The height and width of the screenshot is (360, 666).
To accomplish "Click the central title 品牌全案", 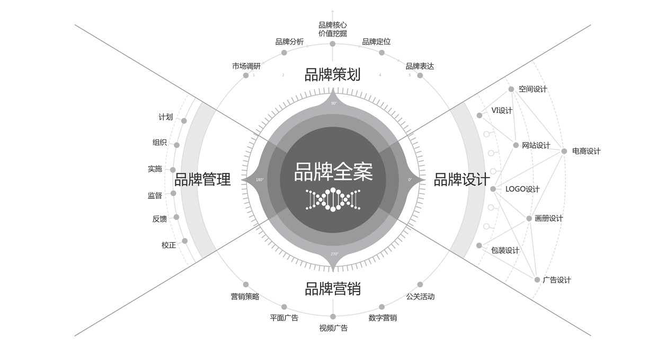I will pos(333,172).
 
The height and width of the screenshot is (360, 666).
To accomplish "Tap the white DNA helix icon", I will pos(333,199).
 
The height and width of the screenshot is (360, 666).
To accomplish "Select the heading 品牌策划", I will pos(332,74).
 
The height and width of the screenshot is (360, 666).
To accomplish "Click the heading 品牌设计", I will pos(461,180).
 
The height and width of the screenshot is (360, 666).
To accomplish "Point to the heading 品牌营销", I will pos(332,289).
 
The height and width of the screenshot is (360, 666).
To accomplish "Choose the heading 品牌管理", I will pos(202,180).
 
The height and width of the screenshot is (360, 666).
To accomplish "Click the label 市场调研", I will pos(246,66).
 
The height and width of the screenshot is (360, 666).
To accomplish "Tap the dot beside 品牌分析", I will pos(284,52).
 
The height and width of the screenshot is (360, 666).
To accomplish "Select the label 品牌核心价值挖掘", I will pos(333,29).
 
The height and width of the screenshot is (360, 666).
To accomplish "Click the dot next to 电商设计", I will pos(564,151).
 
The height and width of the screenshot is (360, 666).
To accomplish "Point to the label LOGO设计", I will pos(522,189).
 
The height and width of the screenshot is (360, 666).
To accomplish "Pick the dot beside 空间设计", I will pos(511,89).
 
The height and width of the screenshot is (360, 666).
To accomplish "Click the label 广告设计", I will pos(557,280).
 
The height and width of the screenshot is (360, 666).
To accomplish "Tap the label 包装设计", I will pos(505,250).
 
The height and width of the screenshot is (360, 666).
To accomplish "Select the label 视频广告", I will pos(333,328).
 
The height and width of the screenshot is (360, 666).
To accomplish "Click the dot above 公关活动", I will pos(420,285).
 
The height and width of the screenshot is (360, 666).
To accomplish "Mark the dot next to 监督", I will pos(173,193).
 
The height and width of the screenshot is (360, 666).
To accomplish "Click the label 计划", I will pos(166,117).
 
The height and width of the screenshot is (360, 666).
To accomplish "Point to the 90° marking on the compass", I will pos(334,103).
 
